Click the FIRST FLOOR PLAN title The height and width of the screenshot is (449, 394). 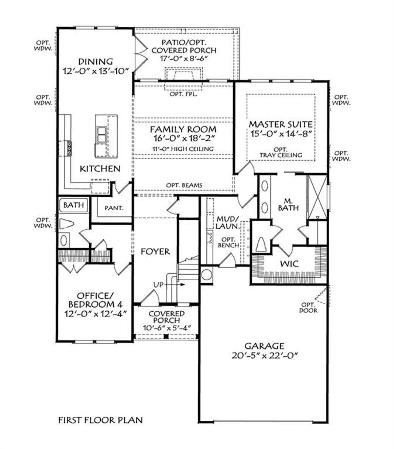(100, 420)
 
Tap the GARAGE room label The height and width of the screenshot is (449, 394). (264, 346)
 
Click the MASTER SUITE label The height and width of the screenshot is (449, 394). (280, 124)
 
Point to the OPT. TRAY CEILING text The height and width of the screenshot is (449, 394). (280, 152)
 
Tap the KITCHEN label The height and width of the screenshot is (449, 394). (100, 168)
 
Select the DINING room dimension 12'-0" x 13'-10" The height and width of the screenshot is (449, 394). (95, 71)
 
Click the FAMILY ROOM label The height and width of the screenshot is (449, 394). (183, 129)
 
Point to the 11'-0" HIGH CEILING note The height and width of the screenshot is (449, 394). (183, 149)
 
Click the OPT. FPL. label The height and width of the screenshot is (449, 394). (183, 94)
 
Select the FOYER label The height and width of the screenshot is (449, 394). (155, 251)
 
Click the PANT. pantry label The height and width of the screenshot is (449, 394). (114, 208)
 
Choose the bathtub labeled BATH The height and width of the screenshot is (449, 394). (74, 205)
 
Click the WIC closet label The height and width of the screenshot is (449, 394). (289, 264)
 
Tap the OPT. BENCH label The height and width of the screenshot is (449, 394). (228, 242)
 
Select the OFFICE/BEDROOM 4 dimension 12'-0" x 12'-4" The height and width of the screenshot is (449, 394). (95, 314)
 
